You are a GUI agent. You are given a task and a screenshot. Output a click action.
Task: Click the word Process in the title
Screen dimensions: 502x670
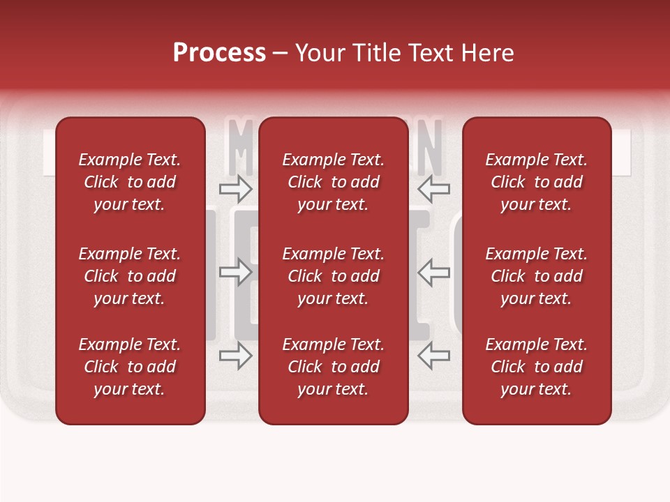[x=219, y=53]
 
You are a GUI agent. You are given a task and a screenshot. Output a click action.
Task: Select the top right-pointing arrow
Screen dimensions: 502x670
[x=235, y=188]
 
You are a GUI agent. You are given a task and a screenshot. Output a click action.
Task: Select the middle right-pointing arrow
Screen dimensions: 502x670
[x=235, y=272]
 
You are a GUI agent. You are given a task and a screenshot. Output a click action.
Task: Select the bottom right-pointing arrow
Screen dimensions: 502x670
[x=235, y=356]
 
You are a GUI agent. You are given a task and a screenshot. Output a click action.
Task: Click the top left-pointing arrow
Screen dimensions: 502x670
[x=433, y=188]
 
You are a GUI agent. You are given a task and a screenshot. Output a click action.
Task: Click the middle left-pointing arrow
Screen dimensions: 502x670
[x=433, y=272]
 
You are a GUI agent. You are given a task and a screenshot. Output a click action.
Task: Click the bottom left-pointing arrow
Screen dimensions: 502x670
[x=433, y=356]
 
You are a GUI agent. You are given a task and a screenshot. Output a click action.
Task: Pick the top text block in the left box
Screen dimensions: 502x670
[x=130, y=182]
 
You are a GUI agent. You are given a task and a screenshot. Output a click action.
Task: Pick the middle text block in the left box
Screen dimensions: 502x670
[x=130, y=276]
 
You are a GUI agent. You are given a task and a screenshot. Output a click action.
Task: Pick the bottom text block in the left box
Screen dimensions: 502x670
[x=130, y=367]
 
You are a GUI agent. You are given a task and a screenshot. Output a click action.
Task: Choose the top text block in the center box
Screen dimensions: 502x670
[x=333, y=182]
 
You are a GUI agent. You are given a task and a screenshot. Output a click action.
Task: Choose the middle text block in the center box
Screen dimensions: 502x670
[x=333, y=276]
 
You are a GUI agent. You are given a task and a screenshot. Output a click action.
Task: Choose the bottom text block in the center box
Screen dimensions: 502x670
[x=333, y=367]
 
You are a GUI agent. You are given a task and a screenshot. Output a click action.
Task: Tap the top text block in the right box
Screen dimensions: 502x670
[x=536, y=182]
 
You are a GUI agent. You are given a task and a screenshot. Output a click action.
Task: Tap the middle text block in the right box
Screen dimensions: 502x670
[x=536, y=276]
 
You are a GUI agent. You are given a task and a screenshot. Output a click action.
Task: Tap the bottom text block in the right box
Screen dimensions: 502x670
[x=536, y=367]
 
